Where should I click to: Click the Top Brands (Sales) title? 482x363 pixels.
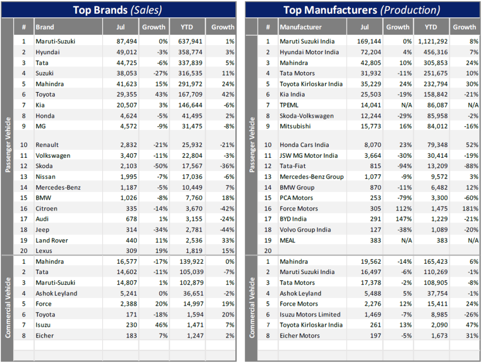[x=118, y=9]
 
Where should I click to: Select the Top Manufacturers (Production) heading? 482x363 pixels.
[x=361, y=9]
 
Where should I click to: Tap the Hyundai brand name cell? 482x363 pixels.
[x=48, y=52]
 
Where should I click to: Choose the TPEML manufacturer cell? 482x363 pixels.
[x=289, y=105]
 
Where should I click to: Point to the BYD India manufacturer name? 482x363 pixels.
[x=293, y=219]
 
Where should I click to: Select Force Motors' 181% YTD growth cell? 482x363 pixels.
[x=471, y=209]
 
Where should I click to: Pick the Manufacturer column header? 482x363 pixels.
[x=301, y=27]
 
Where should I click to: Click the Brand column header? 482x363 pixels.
[x=45, y=27]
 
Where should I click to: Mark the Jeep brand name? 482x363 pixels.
[x=42, y=230]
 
